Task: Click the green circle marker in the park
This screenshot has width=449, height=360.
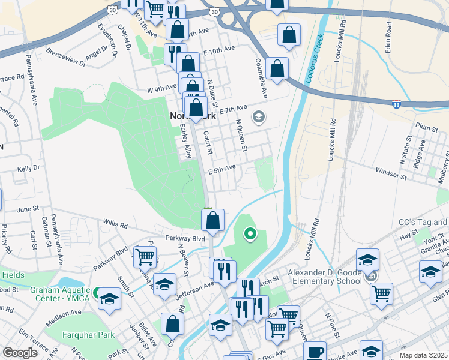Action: pyautogui.click(x=250, y=234)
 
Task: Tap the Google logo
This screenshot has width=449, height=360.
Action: pyautogui.click(x=20, y=352)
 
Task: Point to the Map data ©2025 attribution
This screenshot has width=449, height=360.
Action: pyautogui.click(x=423, y=355)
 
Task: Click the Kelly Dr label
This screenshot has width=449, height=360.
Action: pyautogui.click(x=28, y=169)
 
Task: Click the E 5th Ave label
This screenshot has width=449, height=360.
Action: pyautogui.click(x=221, y=170)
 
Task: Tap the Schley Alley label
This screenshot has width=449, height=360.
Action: pyautogui.click(x=185, y=142)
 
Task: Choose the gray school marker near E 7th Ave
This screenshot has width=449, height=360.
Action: pyautogui.click(x=259, y=116)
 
